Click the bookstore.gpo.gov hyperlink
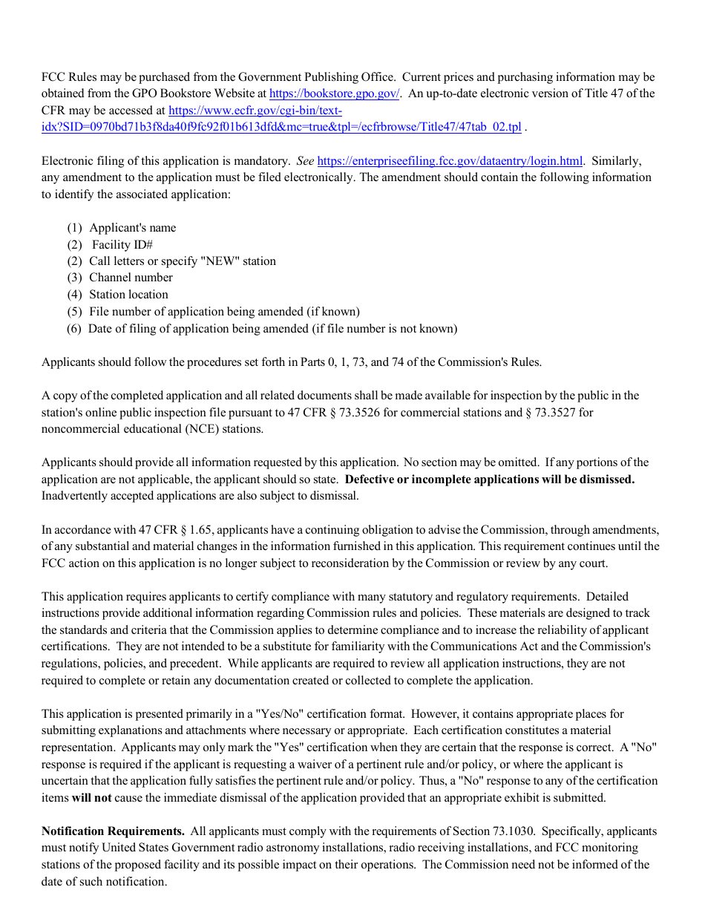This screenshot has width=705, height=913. [x=334, y=94]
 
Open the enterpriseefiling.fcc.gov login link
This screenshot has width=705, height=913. [x=450, y=161]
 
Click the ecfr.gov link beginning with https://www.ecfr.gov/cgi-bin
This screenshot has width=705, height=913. [x=255, y=111]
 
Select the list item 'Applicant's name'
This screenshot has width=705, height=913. [x=133, y=228]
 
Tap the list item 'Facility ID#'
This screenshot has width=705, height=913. [x=122, y=244]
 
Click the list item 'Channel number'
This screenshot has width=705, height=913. [x=131, y=278]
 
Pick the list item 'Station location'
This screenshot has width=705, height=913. [x=128, y=295]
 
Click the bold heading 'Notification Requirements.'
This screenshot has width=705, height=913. [x=113, y=831]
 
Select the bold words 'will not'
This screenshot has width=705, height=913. [x=91, y=798]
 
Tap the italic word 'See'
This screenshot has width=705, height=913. [x=305, y=161]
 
